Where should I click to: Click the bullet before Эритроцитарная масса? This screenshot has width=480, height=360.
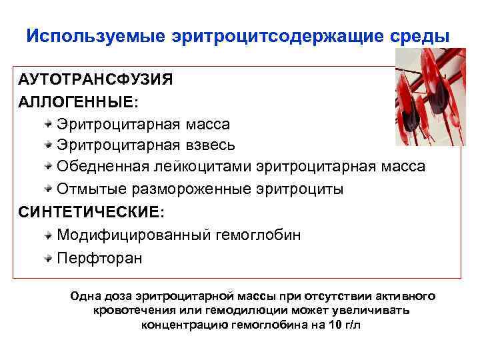[x=49, y=124]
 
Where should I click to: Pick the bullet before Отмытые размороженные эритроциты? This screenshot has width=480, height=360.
[x=49, y=189]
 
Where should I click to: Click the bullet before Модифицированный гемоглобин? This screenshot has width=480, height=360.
[x=49, y=235]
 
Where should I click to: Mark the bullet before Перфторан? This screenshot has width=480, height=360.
[x=49, y=257]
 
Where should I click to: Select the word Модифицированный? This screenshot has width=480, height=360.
[x=134, y=235]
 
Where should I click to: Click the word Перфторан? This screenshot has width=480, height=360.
[x=99, y=257]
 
